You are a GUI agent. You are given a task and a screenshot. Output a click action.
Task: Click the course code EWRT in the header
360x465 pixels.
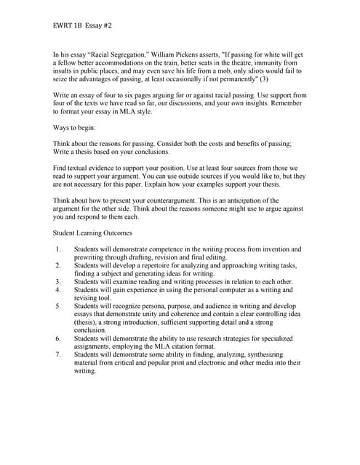63,25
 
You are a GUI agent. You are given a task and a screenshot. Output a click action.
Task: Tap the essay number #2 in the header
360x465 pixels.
107,25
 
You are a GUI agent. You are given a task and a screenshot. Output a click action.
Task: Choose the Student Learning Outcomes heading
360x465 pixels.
92,232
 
